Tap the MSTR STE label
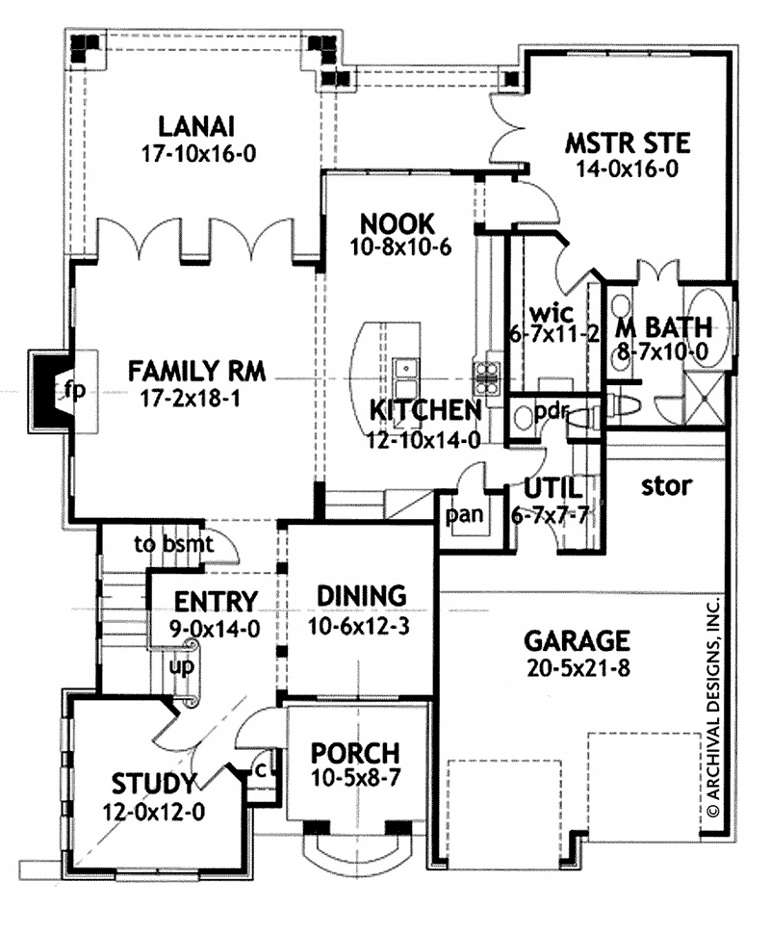(x=627, y=144)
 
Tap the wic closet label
(x=553, y=313)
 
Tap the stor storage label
(x=665, y=486)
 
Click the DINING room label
(x=363, y=595)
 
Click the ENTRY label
(x=216, y=602)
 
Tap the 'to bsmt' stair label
(x=173, y=544)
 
